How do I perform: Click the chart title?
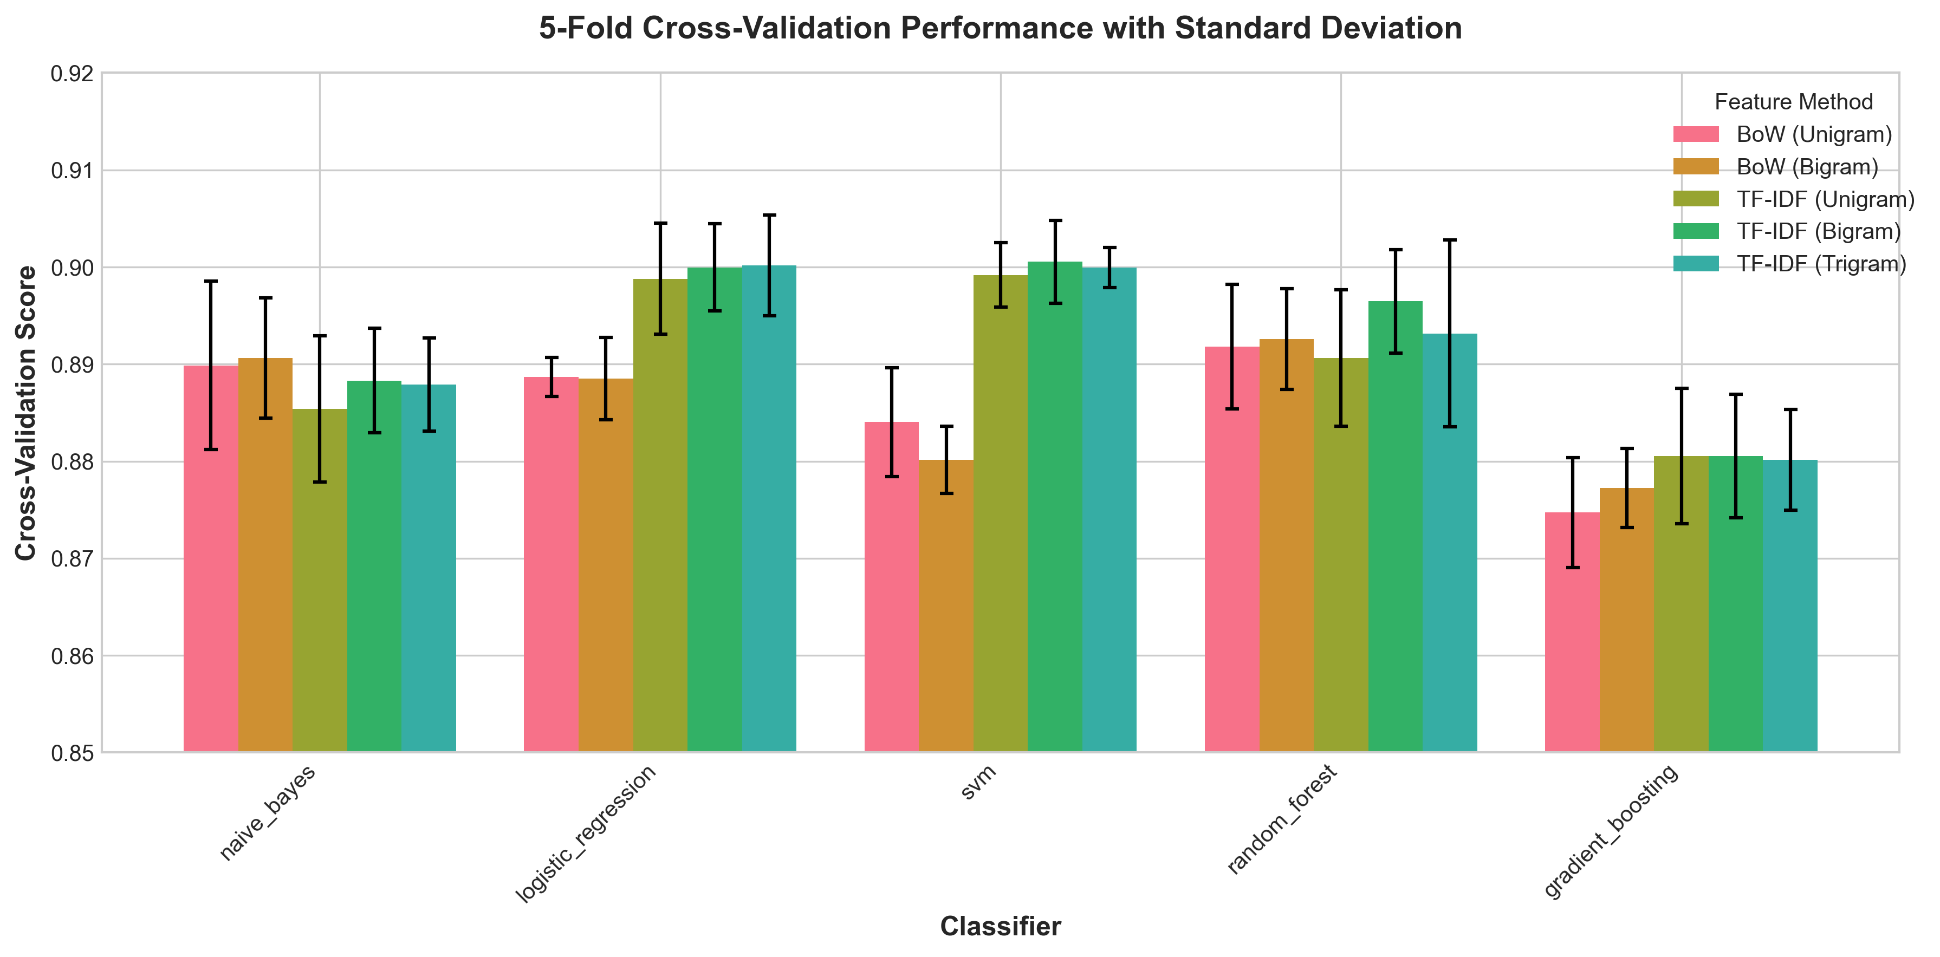(1000, 29)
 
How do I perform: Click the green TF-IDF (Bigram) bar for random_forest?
(1396, 527)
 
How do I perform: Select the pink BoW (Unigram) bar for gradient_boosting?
(1573, 633)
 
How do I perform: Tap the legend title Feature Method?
(1793, 102)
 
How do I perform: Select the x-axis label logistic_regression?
(586, 834)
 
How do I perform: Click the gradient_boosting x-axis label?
(1611, 831)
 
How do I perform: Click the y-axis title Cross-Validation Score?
(27, 413)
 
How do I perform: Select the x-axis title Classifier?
(1000, 926)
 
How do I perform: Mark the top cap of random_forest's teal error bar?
(1450, 240)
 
